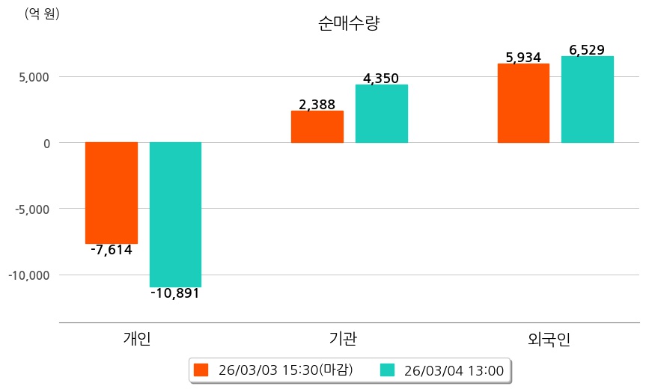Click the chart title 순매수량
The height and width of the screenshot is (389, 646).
tap(349, 23)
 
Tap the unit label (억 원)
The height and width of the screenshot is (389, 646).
tap(42, 13)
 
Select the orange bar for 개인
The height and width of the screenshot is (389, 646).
tap(112, 192)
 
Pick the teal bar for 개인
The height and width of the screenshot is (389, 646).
tap(175, 214)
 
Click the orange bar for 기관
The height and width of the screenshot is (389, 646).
tap(317, 126)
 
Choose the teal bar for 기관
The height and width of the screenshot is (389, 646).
tap(382, 114)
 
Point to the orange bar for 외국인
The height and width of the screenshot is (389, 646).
tap(523, 103)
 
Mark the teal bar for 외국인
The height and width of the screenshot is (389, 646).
tap(588, 99)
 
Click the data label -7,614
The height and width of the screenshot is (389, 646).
tap(112, 251)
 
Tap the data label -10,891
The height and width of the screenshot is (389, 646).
tap(175, 293)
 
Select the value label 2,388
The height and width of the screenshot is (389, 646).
tap(317, 105)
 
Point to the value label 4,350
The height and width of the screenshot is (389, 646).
tap(381, 79)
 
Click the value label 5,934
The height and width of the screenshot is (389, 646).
tap(523, 58)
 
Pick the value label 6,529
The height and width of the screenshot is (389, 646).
tap(587, 50)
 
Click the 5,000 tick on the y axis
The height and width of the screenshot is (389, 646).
tap(34, 77)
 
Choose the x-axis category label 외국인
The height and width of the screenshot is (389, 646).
tap(549, 339)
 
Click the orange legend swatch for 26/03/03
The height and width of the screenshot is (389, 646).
tap(200, 370)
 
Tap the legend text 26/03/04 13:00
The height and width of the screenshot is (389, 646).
tap(454, 370)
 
